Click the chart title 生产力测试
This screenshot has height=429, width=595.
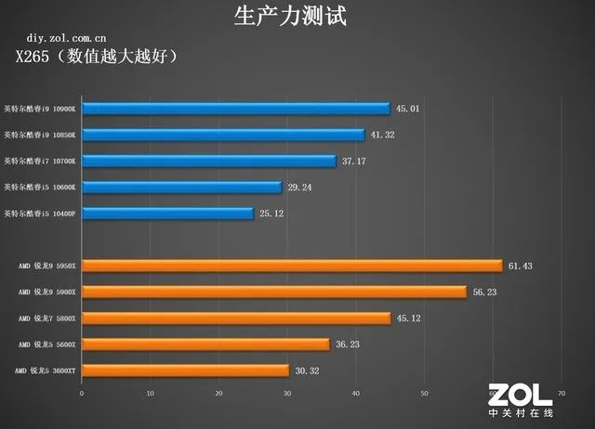(x=296, y=17)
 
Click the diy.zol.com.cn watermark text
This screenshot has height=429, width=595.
(x=66, y=38)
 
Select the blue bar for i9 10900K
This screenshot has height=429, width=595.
(x=235, y=109)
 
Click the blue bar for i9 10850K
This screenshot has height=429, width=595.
(x=223, y=135)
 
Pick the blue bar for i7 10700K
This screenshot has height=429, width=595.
(x=209, y=161)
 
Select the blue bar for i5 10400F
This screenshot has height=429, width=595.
(x=167, y=214)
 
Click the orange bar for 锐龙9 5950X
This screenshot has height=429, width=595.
(x=292, y=266)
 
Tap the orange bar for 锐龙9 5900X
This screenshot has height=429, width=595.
(x=274, y=292)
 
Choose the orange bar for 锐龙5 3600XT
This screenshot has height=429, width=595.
(x=185, y=370)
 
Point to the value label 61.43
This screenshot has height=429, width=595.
(x=520, y=266)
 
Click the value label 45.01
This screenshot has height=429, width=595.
(x=408, y=109)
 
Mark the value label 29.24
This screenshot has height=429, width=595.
(x=299, y=187)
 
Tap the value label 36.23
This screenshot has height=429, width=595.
(x=348, y=344)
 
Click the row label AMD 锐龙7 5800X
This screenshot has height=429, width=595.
(x=47, y=318)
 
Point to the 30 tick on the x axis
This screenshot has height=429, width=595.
(x=287, y=393)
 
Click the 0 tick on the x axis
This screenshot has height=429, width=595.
(x=82, y=393)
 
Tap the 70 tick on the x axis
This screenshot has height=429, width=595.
(x=561, y=393)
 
